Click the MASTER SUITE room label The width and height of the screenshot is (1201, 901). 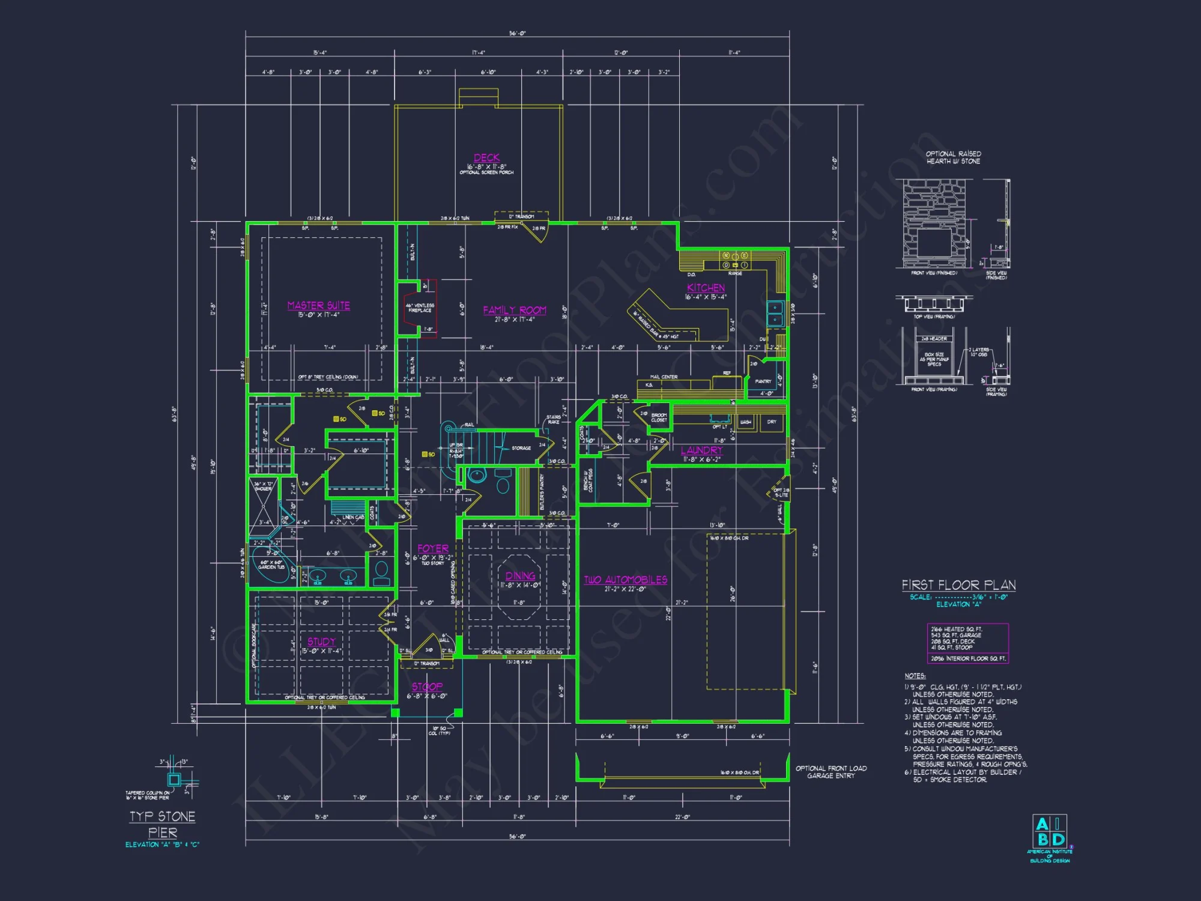pos(318,306)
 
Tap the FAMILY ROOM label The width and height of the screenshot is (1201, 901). pos(515,310)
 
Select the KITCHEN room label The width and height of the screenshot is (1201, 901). pos(706,288)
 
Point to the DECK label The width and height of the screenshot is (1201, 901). pos(486,158)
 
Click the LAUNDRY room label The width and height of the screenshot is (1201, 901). pos(701,450)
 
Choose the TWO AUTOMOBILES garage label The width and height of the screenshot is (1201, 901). pos(625,580)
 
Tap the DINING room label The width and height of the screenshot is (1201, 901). pos(520,575)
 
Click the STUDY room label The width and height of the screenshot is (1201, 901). pos(321,642)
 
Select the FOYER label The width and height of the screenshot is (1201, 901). pos(433,548)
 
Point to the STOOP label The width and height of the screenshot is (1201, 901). pos(427,687)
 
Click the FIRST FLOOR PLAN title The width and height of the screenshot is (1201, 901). pos(958,585)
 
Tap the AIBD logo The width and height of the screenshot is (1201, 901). pos(1050,832)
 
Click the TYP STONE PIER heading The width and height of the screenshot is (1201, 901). pos(163,824)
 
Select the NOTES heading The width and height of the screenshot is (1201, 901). pos(915,676)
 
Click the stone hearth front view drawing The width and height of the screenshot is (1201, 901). pos(934,223)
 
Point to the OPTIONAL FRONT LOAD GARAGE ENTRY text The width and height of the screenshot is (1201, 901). pos(831,772)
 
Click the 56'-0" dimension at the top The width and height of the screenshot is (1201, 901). pos(517,34)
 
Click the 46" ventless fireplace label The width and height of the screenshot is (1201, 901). pos(420,308)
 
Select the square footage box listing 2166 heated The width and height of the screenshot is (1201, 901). pos(967,643)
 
